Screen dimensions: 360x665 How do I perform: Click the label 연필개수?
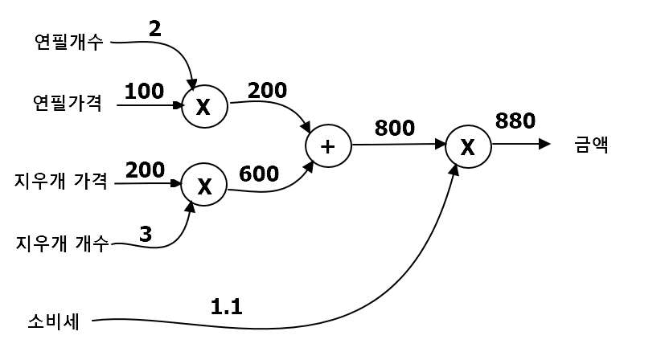68,42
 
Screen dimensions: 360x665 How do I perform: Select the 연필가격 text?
68,103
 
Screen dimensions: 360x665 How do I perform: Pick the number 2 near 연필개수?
155,28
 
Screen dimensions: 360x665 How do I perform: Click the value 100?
144,91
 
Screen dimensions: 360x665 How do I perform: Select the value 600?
259,174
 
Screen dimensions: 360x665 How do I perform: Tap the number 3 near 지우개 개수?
145,234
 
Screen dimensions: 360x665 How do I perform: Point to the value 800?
394,127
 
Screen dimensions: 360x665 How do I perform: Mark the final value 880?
515,121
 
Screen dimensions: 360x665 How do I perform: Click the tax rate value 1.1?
226,305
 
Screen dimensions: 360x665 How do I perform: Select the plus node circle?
328,147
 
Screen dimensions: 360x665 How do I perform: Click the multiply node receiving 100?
204,107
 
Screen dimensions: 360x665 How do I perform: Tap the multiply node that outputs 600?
204,186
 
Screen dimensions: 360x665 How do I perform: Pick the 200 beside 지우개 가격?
146,170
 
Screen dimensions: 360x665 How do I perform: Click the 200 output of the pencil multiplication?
267,90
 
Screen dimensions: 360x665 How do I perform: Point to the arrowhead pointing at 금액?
544,145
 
